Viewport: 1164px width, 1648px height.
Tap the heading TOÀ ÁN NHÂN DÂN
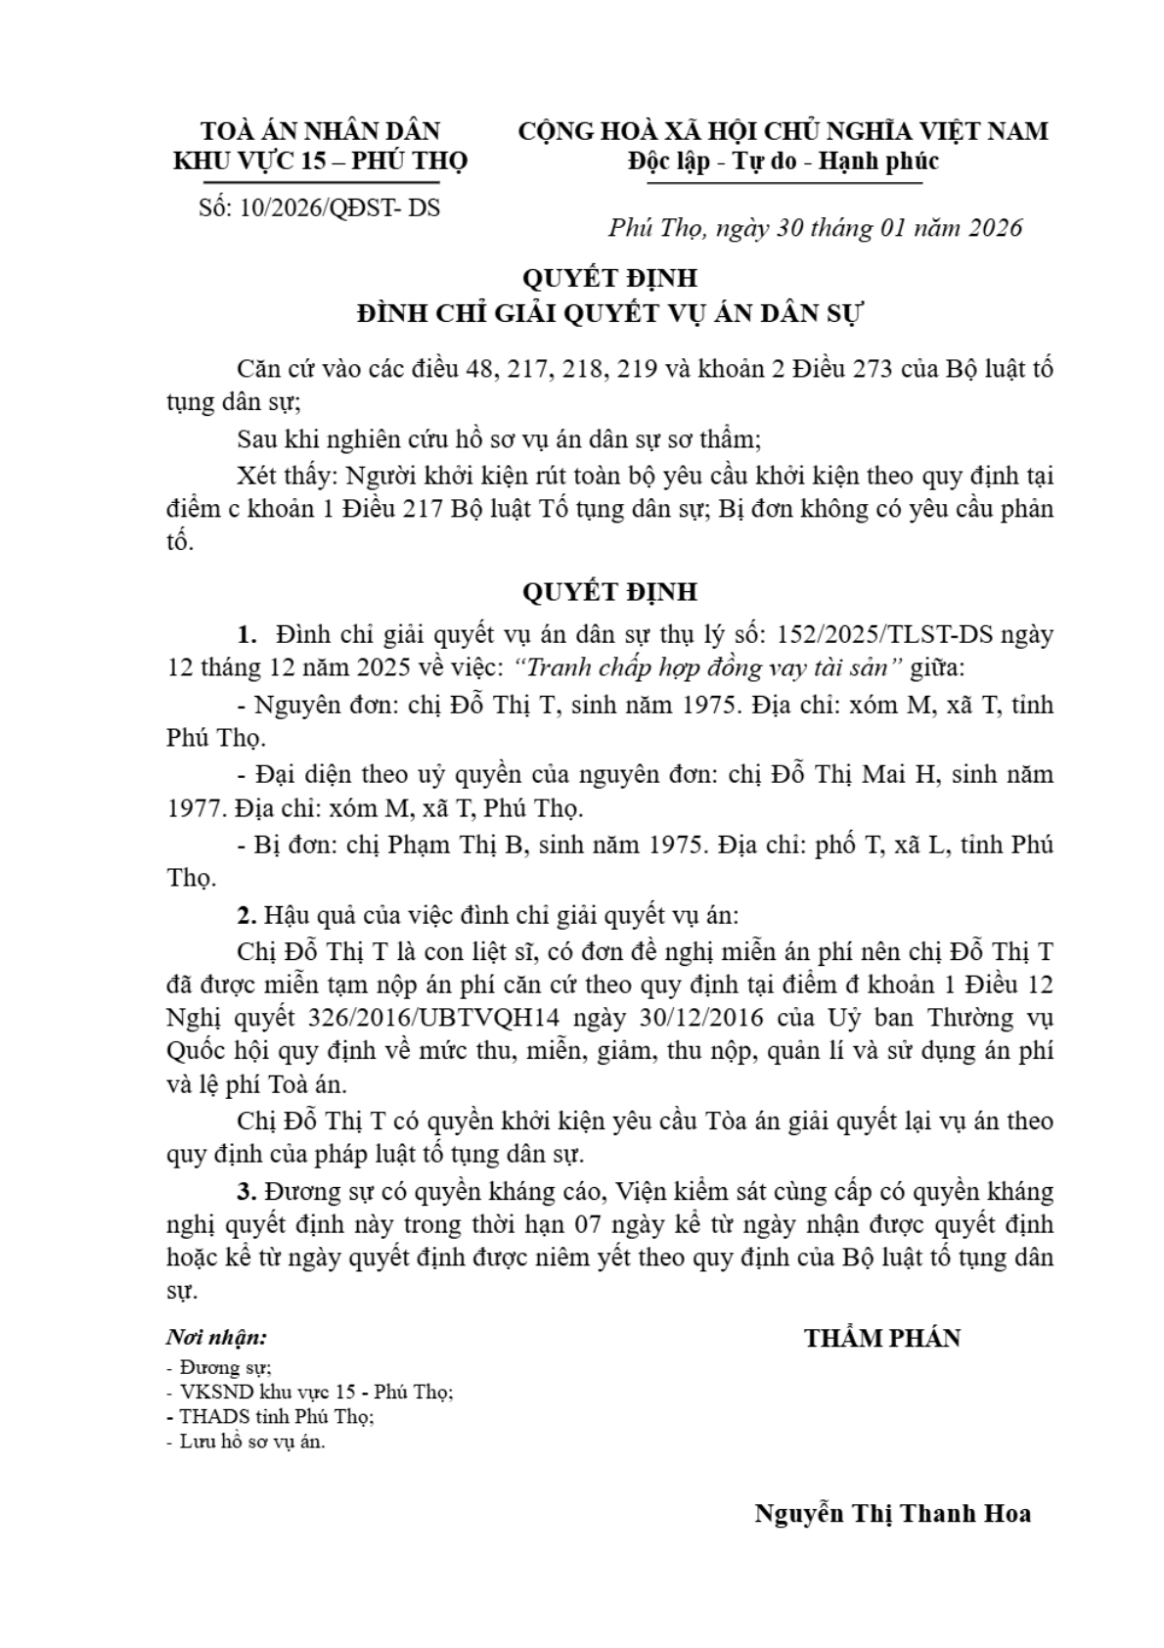tap(321, 130)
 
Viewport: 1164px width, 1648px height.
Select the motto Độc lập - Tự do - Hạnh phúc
tap(783, 160)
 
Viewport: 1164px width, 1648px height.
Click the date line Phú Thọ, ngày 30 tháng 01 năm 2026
tap(815, 228)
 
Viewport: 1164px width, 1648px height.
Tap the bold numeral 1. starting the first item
tap(247, 634)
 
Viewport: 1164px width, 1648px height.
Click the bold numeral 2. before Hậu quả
tap(246, 916)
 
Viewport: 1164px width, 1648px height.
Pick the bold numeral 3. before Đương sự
tap(246, 1191)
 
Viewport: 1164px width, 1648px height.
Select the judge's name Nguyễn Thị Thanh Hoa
tap(892, 1513)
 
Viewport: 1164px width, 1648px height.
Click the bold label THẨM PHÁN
tap(882, 1338)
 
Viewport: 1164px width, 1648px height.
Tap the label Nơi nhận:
tap(216, 1338)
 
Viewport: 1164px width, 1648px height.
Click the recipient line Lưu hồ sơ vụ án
tap(252, 1442)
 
